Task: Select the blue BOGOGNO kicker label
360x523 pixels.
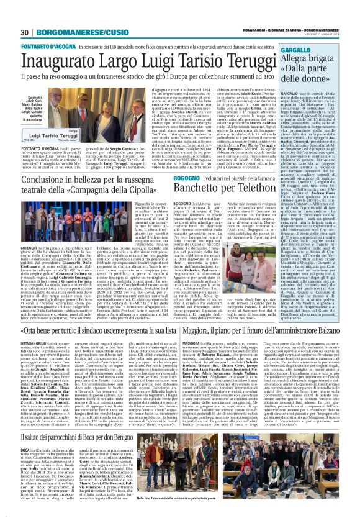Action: click(x=188, y=178)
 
